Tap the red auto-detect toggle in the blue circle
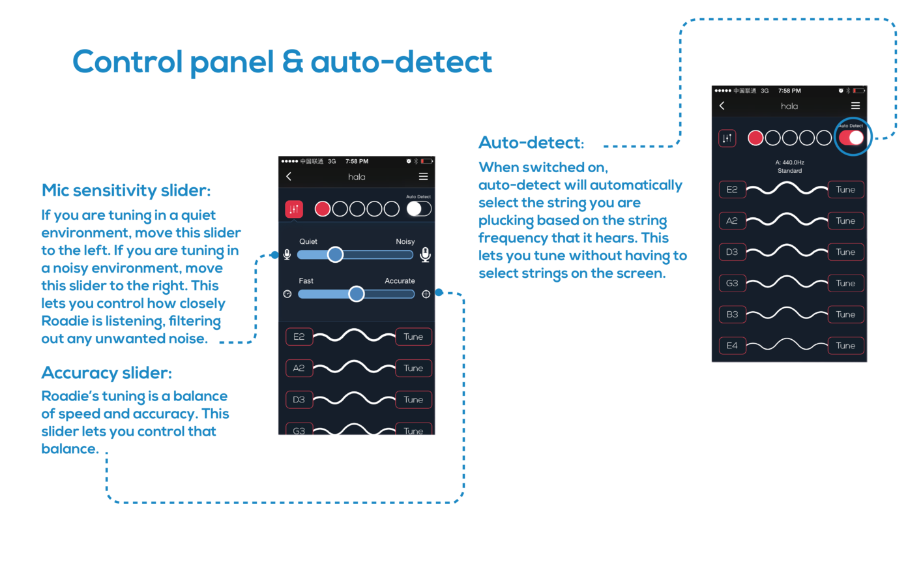pyautogui.click(x=851, y=138)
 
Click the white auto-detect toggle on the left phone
pyautogui.click(x=418, y=209)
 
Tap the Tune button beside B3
pyautogui.click(x=845, y=314)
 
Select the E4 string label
pyautogui.click(x=732, y=346)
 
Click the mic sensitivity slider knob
pyautogui.click(x=335, y=254)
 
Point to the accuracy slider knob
pyautogui.click(x=356, y=294)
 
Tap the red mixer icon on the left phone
pyautogui.click(x=294, y=209)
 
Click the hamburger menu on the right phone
pyautogui.click(x=855, y=106)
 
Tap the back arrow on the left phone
pyautogui.click(x=289, y=177)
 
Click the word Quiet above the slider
pyautogui.click(x=308, y=241)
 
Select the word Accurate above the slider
pyautogui.click(x=400, y=281)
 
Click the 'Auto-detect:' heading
pyautogui.click(x=531, y=142)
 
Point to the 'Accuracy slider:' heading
pyautogui.click(x=106, y=373)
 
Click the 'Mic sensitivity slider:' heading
pyautogui.click(x=126, y=190)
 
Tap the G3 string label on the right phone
pyautogui.click(x=732, y=283)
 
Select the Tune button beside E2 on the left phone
pyautogui.click(x=413, y=337)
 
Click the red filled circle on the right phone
pyautogui.click(x=755, y=138)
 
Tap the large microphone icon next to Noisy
pyautogui.click(x=425, y=254)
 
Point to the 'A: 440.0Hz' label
pyautogui.click(x=789, y=162)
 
